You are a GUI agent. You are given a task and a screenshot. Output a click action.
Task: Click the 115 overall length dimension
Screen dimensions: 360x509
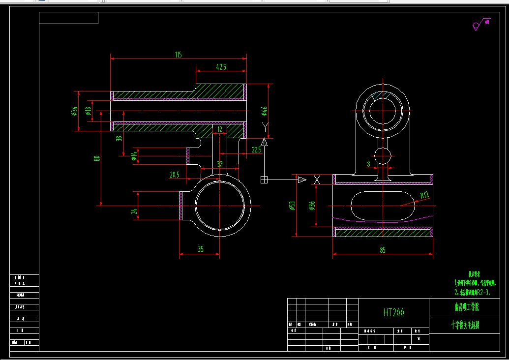click(178, 55)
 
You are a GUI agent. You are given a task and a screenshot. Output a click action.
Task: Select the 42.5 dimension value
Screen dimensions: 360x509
click(221, 67)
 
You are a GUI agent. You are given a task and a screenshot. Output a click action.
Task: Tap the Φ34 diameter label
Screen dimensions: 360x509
click(74, 111)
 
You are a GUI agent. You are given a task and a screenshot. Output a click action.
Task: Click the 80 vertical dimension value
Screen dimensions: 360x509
click(97, 158)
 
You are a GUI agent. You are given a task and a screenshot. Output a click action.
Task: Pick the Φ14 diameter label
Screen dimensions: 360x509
click(134, 156)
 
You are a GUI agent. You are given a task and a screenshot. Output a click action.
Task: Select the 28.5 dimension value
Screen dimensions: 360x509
click(175, 175)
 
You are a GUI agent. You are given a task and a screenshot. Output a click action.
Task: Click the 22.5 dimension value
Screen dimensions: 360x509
click(256, 150)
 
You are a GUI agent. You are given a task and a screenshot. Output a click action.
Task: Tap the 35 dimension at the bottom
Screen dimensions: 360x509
click(201, 249)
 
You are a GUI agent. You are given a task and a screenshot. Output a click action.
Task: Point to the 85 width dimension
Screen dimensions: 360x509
click(383, 250)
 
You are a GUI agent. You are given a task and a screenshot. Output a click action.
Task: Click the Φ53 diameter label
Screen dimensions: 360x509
click(292, 206)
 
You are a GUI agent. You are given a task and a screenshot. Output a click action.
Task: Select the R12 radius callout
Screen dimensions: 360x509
click(424, 195)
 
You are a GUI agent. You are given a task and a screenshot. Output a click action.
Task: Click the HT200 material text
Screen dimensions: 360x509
click(394, 312)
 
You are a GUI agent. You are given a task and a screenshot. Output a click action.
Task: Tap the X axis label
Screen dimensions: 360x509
click(317, 180)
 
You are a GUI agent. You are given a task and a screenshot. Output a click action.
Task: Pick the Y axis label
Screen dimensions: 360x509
click(266, 129)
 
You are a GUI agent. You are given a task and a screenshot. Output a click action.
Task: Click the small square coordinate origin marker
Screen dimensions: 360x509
click(264, 180)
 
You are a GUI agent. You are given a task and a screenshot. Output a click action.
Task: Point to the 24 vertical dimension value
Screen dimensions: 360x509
click(133, 211)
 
